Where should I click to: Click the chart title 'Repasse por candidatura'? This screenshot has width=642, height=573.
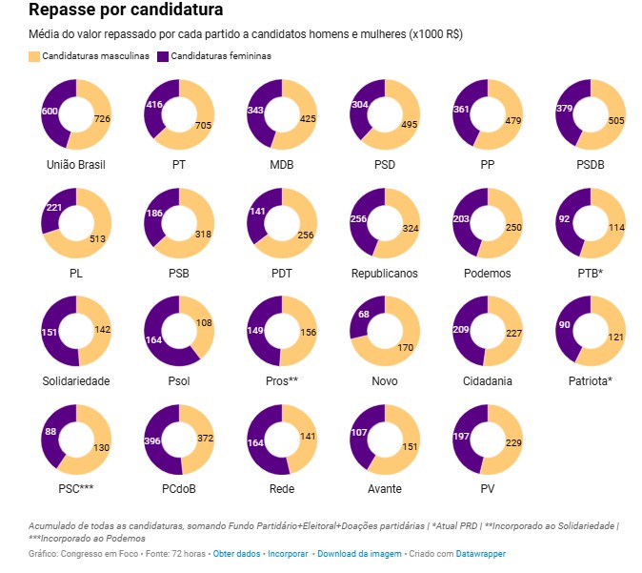(127, 11)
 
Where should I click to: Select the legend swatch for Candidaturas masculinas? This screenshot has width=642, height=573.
(35, 56)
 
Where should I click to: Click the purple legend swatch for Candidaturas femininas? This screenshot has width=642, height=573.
(163, 56)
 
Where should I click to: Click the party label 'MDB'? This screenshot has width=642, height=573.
(282, 165)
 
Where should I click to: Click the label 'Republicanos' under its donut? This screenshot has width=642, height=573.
(385, 274)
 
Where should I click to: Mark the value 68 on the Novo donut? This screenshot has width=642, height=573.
(363, 316)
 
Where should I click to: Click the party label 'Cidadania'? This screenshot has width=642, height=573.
(488, 381)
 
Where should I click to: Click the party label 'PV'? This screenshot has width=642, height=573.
(488, 489)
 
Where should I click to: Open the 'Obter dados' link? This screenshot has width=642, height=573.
(236, 553)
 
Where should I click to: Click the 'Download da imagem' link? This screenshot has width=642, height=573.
(358, 553)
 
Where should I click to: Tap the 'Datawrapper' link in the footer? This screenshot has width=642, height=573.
(480, 553)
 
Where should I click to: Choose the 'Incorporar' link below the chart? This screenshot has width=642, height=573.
(288, 553)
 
